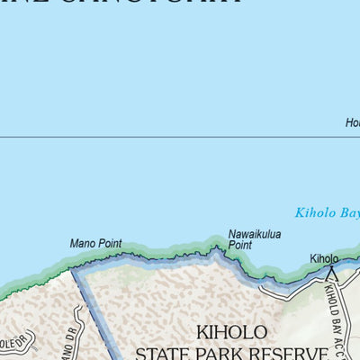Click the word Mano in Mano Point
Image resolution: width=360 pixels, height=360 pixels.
click(83, 243)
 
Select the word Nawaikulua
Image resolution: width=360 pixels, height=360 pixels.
click(254, 234)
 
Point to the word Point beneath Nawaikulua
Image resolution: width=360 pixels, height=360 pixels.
click(240, 245)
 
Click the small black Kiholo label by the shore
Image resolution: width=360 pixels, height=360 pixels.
click(324, 258)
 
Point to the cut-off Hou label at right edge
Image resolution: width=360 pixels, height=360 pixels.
click(352, 124)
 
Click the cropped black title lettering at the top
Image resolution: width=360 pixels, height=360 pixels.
click(135, 4)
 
